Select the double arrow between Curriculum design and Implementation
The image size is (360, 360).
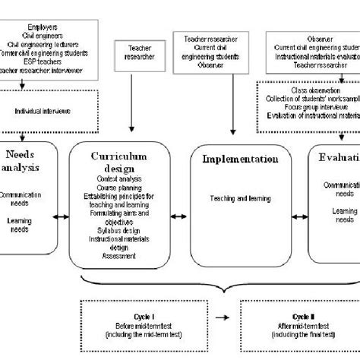(x=178, y=216)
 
